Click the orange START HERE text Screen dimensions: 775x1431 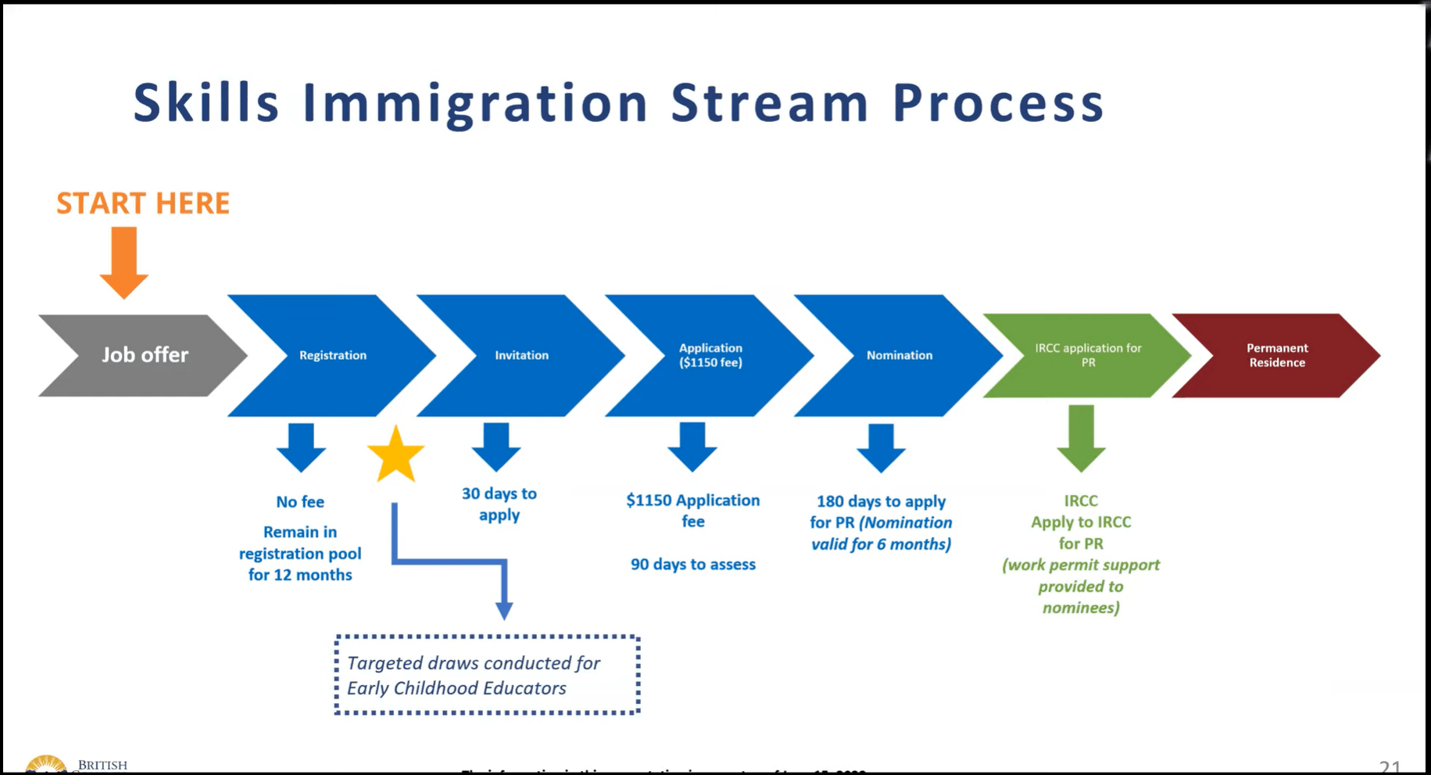point(143,203)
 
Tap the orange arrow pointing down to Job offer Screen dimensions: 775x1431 point(124,262)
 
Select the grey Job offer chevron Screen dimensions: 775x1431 point(145,355)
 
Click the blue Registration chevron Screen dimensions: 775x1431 point(333,355)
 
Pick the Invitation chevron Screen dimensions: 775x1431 point(521,355)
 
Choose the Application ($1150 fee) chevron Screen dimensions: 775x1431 point(710,355)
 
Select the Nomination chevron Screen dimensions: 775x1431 point(899,355)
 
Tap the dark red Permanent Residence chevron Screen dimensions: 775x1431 point(1276,355)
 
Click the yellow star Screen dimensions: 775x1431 point(395,455)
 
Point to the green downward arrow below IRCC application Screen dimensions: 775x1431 point(1081,438)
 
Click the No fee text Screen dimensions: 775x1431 point(300,502)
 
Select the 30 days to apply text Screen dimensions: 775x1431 point(499,504)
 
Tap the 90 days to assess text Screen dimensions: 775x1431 point(692,565)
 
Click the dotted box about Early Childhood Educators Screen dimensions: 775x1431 point(487,675)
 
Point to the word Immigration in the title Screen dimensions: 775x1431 point(475,103)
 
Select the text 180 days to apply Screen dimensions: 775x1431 point(881,501)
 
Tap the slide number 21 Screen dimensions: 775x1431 point(1390,766)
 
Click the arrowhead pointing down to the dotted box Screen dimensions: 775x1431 point(505,610)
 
